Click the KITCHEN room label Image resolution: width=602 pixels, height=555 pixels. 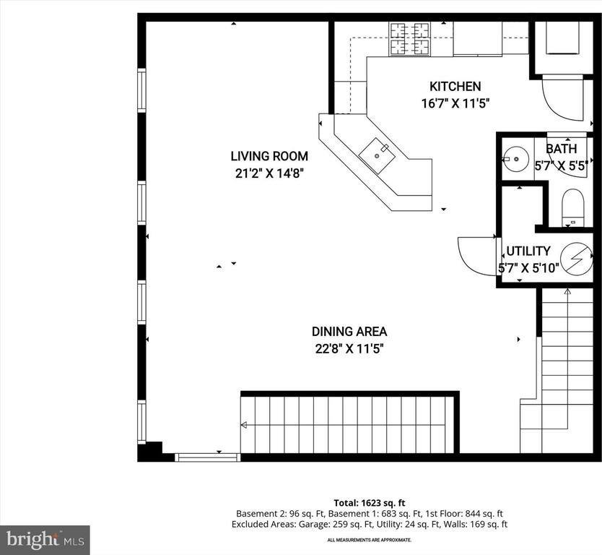(455, 87)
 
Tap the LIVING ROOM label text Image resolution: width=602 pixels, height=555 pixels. (269, 155)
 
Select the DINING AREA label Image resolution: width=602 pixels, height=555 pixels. (349, 332)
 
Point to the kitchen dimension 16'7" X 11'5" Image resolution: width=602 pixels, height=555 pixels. (455, 103)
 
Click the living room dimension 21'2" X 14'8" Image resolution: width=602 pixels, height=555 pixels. (269, 172)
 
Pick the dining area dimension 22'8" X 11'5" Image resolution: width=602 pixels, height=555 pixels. (349, 348)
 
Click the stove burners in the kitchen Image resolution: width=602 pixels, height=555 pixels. (410, 39)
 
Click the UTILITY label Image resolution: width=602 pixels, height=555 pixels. (528, 251)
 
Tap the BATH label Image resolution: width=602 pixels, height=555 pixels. (561, 149)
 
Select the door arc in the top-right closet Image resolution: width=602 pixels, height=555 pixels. (562, 99)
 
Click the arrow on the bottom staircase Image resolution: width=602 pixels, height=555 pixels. (245, 424)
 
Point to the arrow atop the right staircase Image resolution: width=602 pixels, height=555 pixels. (567, 292)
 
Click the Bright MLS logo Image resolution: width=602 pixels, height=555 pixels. (45, 539)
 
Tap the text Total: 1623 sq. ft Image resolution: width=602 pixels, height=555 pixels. (369, 502)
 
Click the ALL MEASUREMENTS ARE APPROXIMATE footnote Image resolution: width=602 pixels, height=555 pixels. (369, 540)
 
